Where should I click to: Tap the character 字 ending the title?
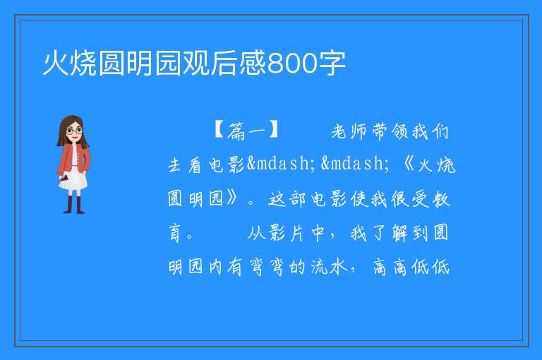coord(332,64)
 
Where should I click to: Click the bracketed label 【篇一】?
coord(246,131)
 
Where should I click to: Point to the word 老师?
coord(349,131)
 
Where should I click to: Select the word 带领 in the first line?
coord(390,131)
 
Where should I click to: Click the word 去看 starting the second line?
coord(184,165)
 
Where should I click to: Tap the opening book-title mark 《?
coord(408,164)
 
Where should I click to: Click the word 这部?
coord(287,199)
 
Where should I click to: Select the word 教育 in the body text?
coord(441,199)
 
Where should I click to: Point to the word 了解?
coord(390,232)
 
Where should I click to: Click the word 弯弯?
coord(266,267)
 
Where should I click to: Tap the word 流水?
coord(328,267)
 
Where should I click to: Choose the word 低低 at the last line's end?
coord(430,267)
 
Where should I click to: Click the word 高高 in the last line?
coord(390,267)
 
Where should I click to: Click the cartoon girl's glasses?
coord(74,131)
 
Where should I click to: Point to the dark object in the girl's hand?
coord(64,179)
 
